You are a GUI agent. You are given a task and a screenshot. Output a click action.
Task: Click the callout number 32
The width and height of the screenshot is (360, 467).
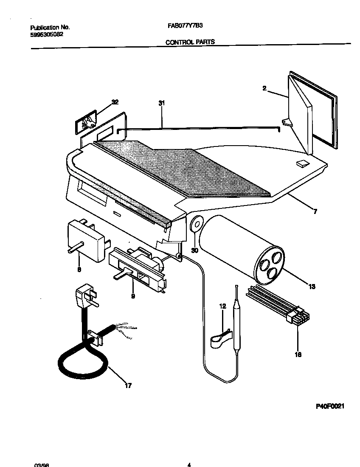click(115, 102)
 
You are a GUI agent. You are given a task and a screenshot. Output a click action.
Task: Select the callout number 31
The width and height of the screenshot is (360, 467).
click(161, 103)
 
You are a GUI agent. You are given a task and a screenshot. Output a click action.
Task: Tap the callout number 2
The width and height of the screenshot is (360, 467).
click(264, 88)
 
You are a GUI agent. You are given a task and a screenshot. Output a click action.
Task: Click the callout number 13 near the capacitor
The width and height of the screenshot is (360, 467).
click(312, 287)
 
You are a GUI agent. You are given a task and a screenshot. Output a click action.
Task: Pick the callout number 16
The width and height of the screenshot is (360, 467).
click(298, 354)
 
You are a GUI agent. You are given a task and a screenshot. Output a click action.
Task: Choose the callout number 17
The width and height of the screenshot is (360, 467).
click(128, 385)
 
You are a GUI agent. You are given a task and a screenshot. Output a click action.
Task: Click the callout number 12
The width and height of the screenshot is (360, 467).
click(222, 305)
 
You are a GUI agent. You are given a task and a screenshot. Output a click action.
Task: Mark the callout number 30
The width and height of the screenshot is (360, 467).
click(194, 250)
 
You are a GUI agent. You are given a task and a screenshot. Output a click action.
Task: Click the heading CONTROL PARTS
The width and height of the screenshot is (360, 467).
click(189, 42)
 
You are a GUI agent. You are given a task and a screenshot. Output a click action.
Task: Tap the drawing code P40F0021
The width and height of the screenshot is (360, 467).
click(330, 406)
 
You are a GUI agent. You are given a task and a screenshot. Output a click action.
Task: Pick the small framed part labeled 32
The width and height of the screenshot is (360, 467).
click(86, 123)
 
